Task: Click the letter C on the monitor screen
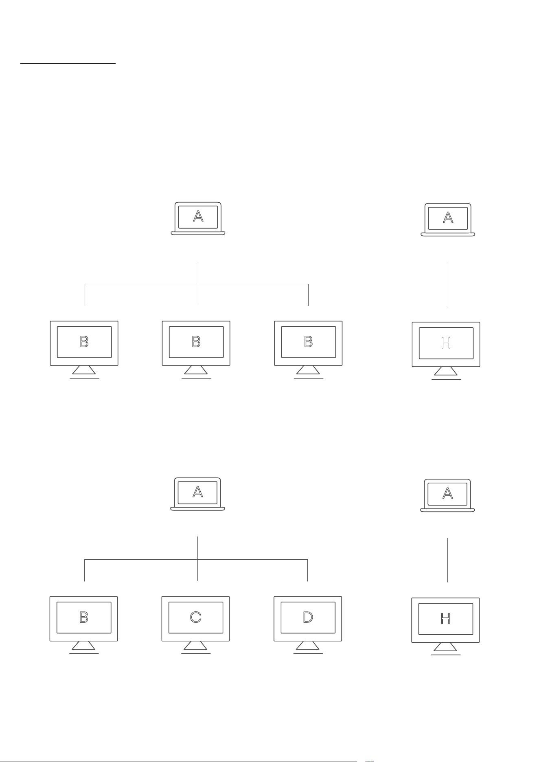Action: (195, 617)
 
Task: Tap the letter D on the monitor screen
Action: (308, 617)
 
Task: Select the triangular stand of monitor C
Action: (195, 646)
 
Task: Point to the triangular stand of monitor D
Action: (308, 646)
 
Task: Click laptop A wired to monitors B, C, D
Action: (197, 494)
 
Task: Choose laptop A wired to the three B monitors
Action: (198, 218)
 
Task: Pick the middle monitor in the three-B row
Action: (196, 349)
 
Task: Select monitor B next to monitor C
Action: (84, 625)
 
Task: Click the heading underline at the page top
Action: (68, 63)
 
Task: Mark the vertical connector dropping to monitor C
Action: (197, 559)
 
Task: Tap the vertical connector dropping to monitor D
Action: (307, 570)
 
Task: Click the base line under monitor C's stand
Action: (196, 654)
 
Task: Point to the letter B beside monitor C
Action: (84, 617)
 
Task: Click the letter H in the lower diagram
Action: (445, 619)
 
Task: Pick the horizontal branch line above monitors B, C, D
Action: (196, 560)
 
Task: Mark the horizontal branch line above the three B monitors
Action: (196, 284)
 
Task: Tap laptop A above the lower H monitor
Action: (447, 495)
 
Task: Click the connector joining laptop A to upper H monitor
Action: (448, 284)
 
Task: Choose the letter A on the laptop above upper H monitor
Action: (448, 218)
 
